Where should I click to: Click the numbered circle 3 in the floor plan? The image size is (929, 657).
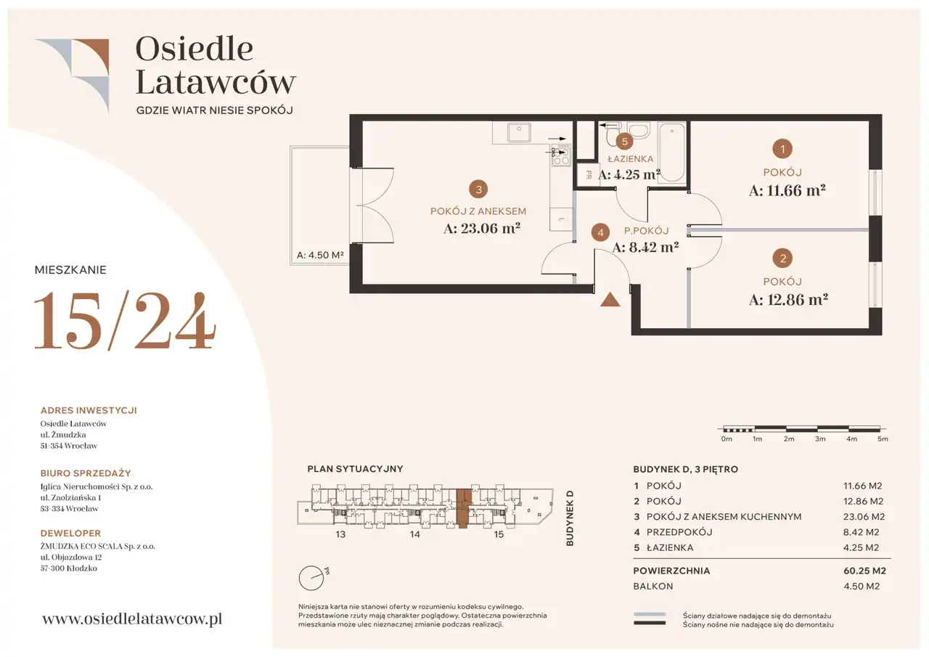tap(478, 189)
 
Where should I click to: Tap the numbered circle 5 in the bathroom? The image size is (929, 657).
tap(624, 142)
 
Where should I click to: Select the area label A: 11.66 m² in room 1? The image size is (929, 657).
tap(787, 190)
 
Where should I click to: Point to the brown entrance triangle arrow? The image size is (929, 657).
tap(610, 300)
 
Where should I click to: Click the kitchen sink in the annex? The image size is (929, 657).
tap(519, 132)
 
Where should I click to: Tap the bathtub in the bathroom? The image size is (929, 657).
tap(672, 152)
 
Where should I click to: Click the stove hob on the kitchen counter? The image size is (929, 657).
tap(561, 155)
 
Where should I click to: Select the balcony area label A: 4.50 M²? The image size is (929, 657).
tap(320, 255)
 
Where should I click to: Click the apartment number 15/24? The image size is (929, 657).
tap(125, 320)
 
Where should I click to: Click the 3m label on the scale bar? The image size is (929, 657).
tap(820, 438)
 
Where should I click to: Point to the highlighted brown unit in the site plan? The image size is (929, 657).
tap(464, 508)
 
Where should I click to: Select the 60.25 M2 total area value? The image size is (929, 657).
tap(864, 571)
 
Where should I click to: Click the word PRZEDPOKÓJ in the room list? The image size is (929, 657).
tap(679, 532)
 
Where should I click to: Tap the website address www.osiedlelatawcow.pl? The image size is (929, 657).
tap(132, 619)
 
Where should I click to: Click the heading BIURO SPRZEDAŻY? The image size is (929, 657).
tap(86, 473)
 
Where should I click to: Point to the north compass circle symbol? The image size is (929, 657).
tap(311, 578)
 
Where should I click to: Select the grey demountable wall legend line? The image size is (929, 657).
tap(649, 614)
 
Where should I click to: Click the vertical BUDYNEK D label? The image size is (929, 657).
tap(570, 518)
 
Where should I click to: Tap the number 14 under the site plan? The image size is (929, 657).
tap(414, 534)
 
